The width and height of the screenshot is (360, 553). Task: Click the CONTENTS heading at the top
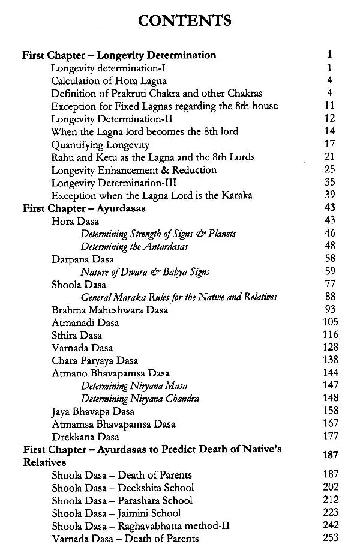[184, 20]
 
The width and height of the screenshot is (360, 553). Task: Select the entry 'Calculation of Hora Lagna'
[109, 80]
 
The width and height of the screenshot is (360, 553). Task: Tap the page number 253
[331, 539]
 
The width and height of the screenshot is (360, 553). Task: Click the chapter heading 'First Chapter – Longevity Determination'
[119, 55]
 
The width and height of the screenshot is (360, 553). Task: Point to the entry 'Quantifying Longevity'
[100, 144]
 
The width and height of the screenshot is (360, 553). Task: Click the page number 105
[331, 322]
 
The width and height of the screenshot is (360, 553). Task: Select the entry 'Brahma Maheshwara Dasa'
[109, 310]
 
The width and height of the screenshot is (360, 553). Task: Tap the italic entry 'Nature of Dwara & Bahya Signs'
[145, 271]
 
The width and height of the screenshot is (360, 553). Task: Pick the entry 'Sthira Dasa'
[76, 335]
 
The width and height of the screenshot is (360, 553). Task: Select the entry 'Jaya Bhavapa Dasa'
[93, 412]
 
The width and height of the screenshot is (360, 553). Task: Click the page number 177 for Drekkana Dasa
[331, 437]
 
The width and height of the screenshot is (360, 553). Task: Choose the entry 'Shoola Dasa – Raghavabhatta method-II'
[140, 526]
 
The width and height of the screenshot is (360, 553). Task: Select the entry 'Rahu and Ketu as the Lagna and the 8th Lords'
[153, 157]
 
